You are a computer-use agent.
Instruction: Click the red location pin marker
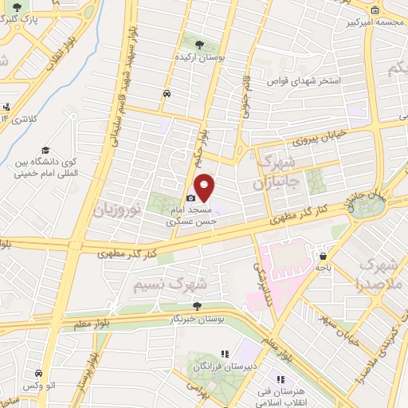point(205,186)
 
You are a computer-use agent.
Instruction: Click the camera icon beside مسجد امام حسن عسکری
point(191,198)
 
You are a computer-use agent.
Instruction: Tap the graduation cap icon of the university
point(45,151)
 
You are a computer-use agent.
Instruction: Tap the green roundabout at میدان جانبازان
point(369,206)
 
